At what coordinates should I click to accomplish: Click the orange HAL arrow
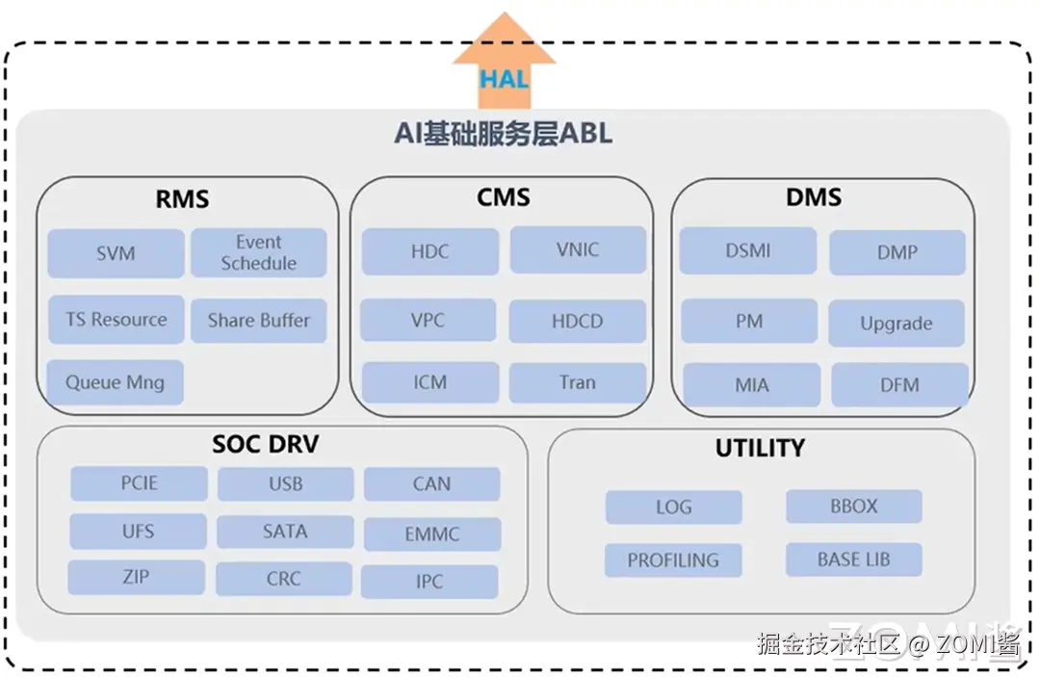pyautogui.click(x=504, y=61)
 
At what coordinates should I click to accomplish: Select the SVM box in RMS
pyautogui.click(x=117, y=253)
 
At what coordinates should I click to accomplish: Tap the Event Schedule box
pyautogui.click(x=259, y=252)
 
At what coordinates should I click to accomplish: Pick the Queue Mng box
pyautogui.click(x=115, y=382)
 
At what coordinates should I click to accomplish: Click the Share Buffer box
pyautogui.click(x=259, y=321)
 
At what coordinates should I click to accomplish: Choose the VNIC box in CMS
pyautogui.click(x=578, y=250)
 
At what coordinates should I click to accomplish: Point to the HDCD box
pyautogui.click(x=578, y=322)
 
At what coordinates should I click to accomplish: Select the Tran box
pyautogui.click(x=578, y=382)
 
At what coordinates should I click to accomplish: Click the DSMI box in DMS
pyautogui.click(x=748, y=250)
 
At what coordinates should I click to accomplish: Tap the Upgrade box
pyautogui.click(x=897, y=324)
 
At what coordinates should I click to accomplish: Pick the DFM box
pyautogui.click(x=900, y=385)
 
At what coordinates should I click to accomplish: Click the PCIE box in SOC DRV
pyautogui.click(x=140, y=483)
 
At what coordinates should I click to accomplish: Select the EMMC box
pyautogui.click(x=432, y=534)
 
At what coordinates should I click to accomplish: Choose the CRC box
pyautogui.click(x=284, y=579)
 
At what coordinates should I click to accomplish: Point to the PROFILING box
pyautogui.click(x=673, y=560)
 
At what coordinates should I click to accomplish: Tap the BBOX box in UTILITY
pyautogui.click(x=854, y=507)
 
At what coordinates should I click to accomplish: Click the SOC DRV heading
pyautogui.click(x=266, y=444)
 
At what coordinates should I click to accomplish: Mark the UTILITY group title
pyautogui.click(x=760, y=448)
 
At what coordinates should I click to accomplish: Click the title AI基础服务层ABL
pyautogui.click(x=504, y=133)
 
